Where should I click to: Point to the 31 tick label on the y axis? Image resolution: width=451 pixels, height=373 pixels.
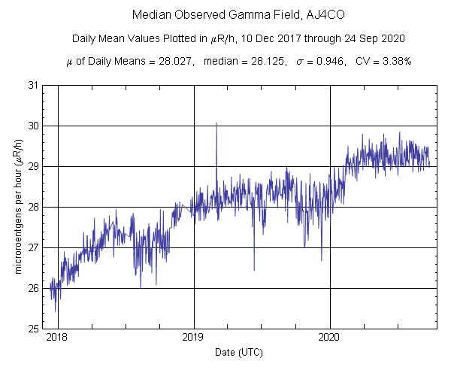point(33,85)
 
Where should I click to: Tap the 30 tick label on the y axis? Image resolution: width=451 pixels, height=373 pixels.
point(33,126)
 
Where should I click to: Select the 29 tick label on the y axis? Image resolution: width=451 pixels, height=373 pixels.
point(33,166)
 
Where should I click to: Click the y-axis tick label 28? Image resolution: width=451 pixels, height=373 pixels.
point(33,207)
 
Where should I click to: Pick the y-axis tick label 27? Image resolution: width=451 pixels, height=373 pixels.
point(33,247)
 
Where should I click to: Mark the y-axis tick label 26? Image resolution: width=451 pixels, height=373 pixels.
point(33,288)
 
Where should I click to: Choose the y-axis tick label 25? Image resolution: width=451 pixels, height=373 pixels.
point(33,329)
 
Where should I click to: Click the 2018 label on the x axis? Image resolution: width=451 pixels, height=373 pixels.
point(58,338)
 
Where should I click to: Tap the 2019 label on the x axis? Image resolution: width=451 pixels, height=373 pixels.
point(194,338)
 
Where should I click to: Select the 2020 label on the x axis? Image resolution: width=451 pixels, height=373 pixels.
point(330,338)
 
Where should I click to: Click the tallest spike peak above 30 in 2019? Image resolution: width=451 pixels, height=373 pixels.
point(216,123)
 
